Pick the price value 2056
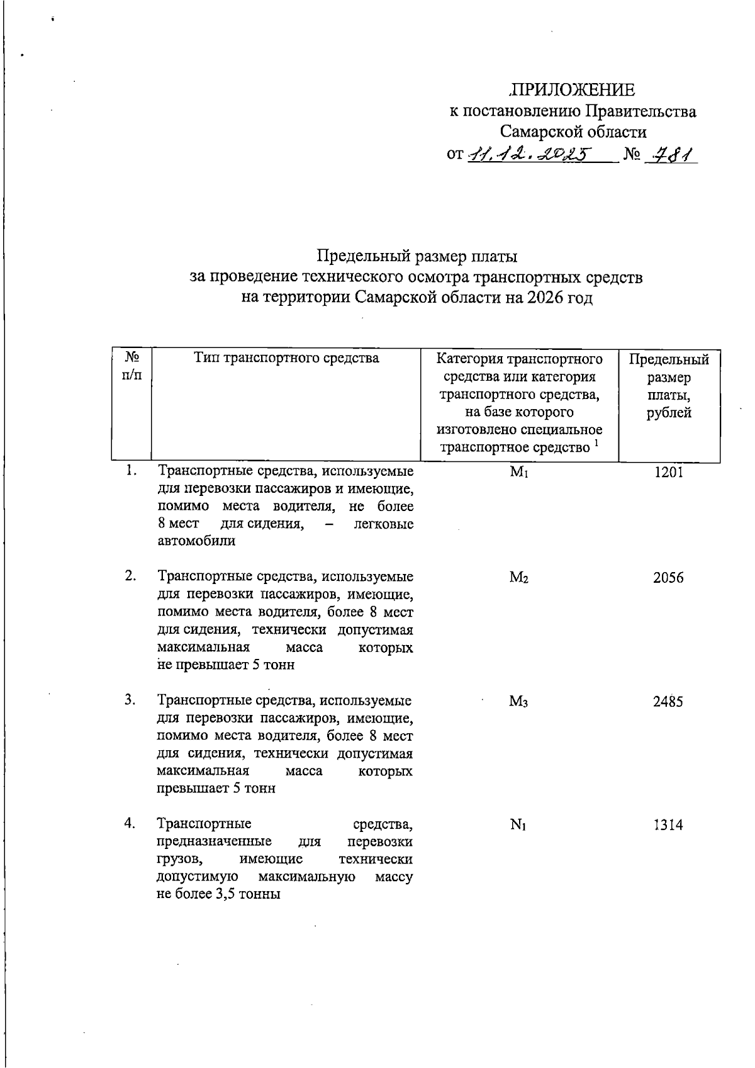pyautogui.click(x=668, y=578)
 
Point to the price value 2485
pyautogui.click(x=668, y=701)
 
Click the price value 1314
pyautogui.click(x=668, y=825)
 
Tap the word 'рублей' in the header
pyautogui.click(x=669, y=413)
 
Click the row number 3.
pyautogui.click(x=130, y=699)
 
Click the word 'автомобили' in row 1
pyautogui.click(x=196, y=541)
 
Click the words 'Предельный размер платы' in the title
pyautogui.click(x=417, y=257)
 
